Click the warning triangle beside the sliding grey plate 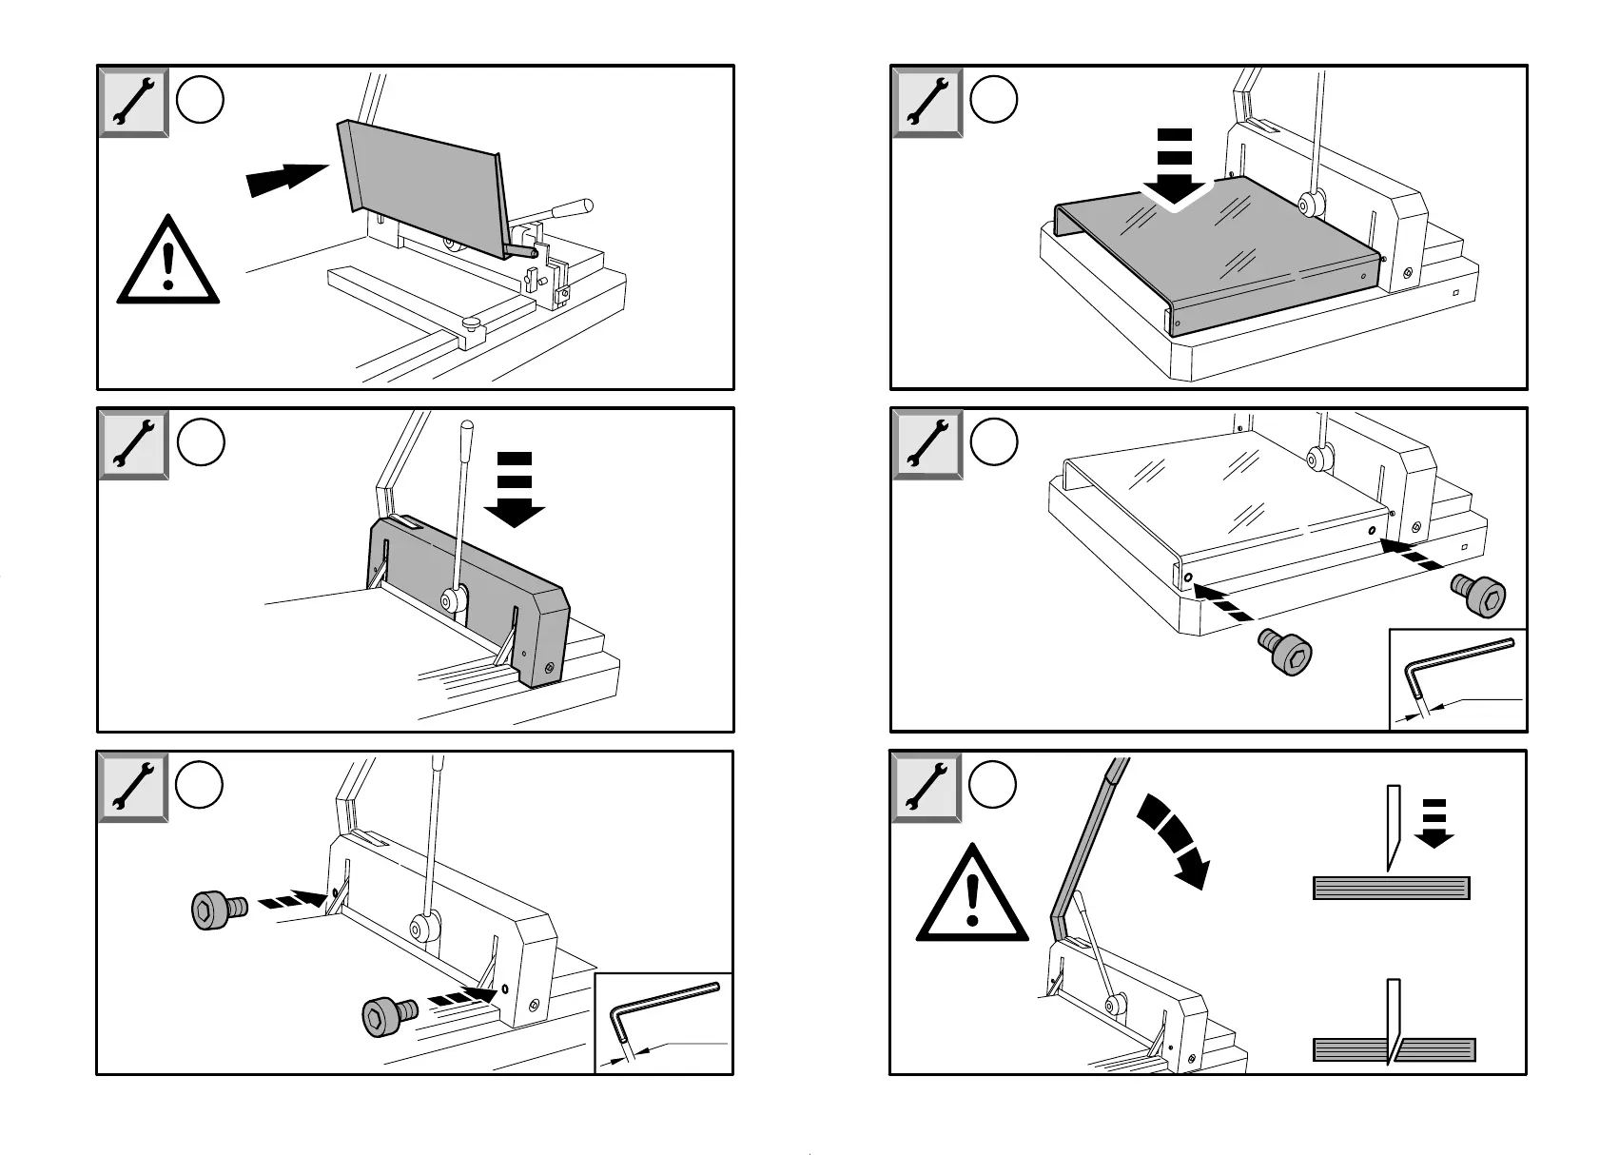(x=168, y=262)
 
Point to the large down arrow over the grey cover (x=1175, y=168)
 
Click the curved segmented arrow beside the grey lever (x=1175, y=839)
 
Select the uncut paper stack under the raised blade (x=1391, y=889)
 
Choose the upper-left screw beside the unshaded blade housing (x=219, y=910)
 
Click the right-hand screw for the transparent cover (x=1477, y=596)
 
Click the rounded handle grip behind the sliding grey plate (x=573, y=206)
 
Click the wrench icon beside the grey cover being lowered (x=927, y=102)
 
